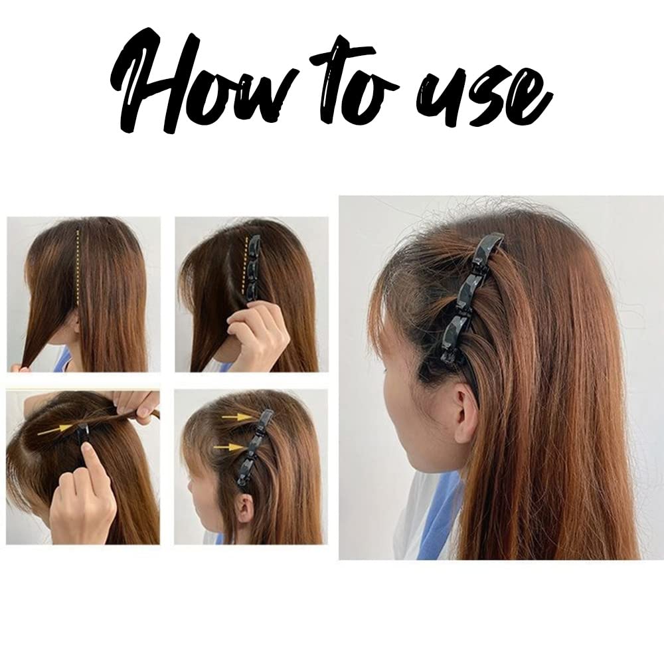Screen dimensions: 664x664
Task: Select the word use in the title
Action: coord(488,100)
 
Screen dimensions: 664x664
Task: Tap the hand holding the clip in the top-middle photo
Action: coord(256,335)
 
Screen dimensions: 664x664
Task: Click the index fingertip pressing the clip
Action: coord(87,452)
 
